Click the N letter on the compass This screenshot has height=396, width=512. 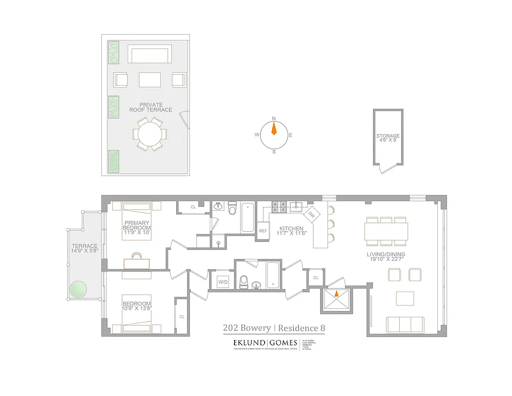point(274,119)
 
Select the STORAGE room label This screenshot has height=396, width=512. point(388,136)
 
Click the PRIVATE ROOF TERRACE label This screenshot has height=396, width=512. point(150,107)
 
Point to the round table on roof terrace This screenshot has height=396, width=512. point(149,134)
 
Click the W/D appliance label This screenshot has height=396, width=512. point(223,282)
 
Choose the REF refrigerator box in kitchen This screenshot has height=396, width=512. point(263,231)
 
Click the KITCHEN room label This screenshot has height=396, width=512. point(291,229)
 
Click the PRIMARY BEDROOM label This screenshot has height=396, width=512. point(137,225)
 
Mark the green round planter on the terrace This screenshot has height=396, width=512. point(77,290)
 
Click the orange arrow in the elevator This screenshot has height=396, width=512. point(336,293)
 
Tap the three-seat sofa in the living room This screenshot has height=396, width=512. point(405,325)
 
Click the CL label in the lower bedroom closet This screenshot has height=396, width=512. point(182,316)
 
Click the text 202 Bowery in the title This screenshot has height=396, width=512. point(247,328)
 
